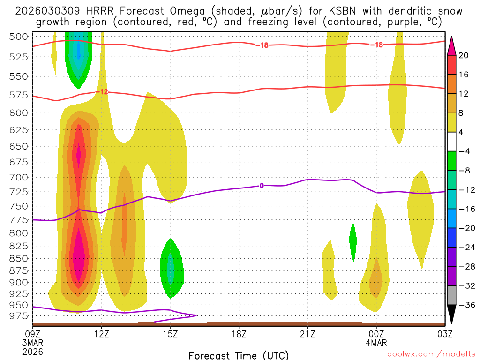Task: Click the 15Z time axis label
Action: click(x=170, y=334)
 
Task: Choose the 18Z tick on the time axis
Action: click(x=239, y=334)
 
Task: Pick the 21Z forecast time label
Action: click(x=307, y=334)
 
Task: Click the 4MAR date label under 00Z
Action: click(x=376, y=343)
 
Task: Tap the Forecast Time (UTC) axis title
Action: click(x=239, y=355)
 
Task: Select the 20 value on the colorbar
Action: click(x=464, y=55)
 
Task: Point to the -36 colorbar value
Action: click(x=464, y=305)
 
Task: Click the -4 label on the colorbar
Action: click(x=464, y=151)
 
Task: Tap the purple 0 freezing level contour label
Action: click(x=261, y=186)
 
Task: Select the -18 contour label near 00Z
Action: click(x=376, y=45)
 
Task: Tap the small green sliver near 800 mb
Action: click(x=353, y=241)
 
